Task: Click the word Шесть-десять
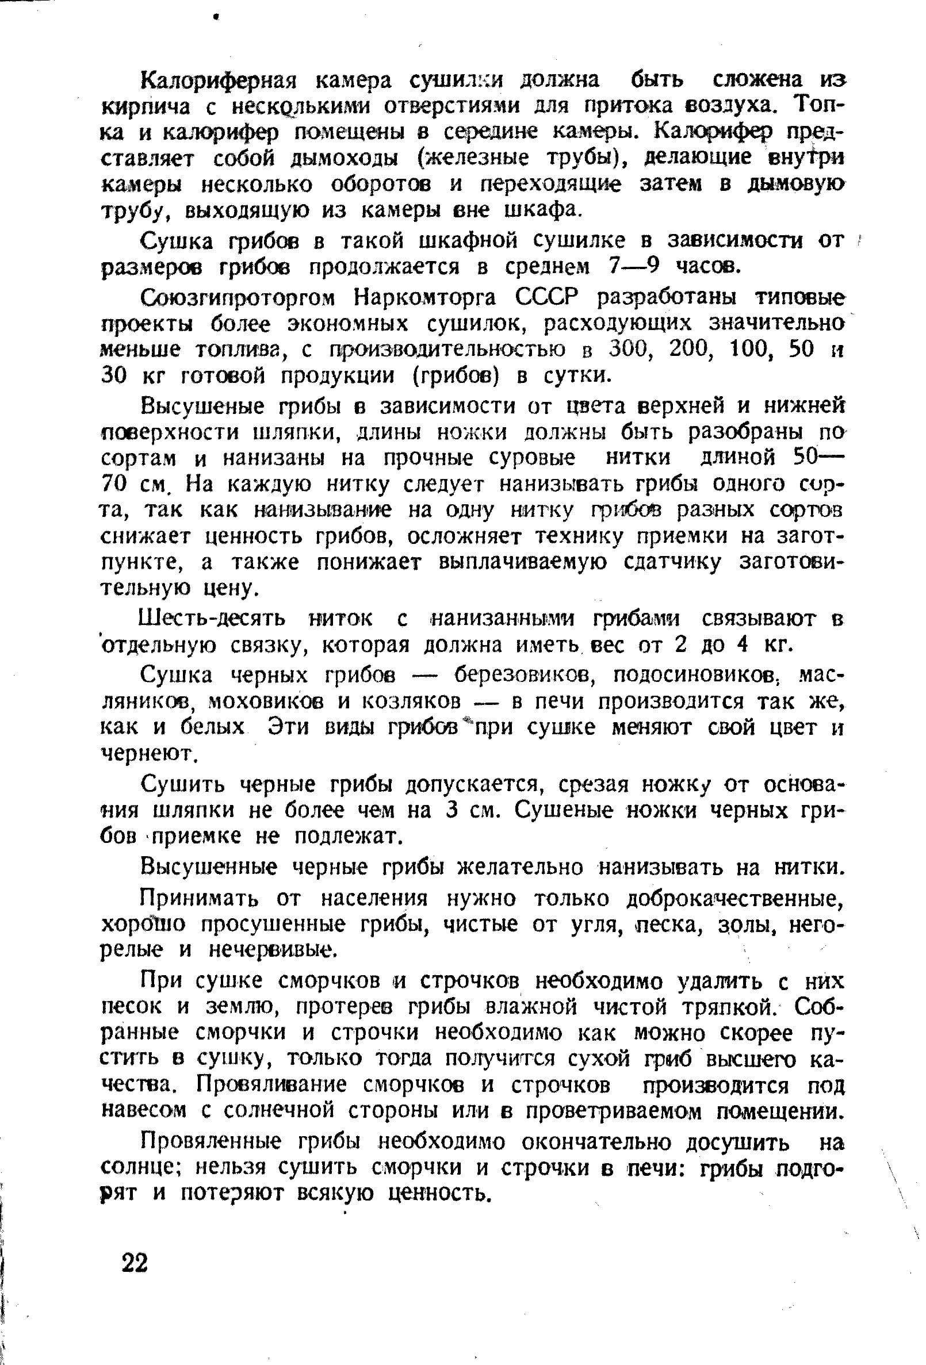click(212, 620)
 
